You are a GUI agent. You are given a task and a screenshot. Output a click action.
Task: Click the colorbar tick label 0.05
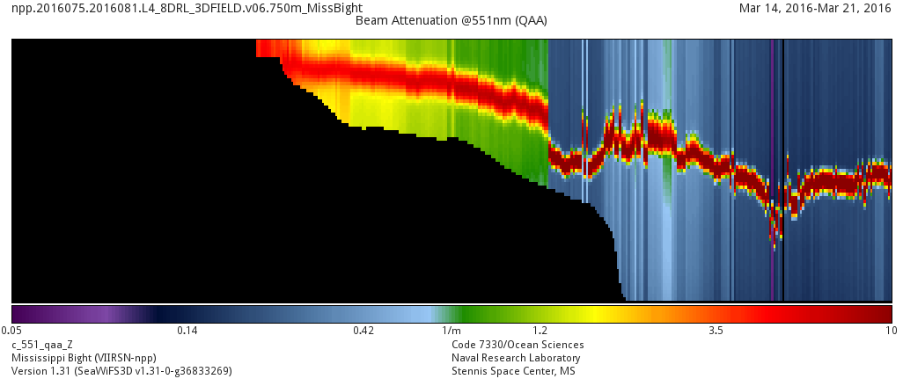click(x=11, y=332)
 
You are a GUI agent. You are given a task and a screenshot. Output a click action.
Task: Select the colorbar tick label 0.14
click(x=187, y=332)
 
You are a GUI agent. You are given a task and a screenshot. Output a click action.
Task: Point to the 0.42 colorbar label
click(x=363, y=332)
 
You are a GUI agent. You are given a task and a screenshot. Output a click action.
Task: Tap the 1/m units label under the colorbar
click(x=451, y=332)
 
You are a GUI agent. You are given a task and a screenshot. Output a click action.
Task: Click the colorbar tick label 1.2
click(x=540, y=332)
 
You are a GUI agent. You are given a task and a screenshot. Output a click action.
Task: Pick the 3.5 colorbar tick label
click(x=716, y=332)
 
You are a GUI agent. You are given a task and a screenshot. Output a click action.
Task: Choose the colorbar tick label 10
click(x=891, y=332)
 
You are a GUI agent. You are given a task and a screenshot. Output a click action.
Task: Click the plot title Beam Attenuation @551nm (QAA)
click(x=451, y=20)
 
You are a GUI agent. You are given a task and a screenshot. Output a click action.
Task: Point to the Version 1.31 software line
click(x=121, y=371)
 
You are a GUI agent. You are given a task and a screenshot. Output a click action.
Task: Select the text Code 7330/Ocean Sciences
click(x=518, y=345)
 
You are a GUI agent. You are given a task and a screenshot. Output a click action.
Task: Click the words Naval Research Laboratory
click(x=516, y=358)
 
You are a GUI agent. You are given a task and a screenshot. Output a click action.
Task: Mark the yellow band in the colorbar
click(x=590, y=314)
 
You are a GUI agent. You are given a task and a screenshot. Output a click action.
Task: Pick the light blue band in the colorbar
click(x=414, y=314)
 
